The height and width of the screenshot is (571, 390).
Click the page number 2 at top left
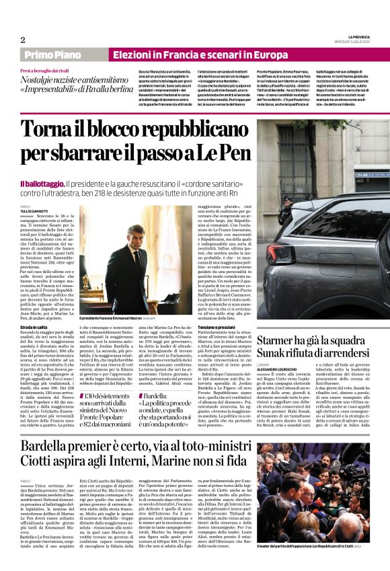coord(22,40)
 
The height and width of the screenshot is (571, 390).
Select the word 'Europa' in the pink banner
coord(250,54)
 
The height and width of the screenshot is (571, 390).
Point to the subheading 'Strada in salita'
coord(34,326)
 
